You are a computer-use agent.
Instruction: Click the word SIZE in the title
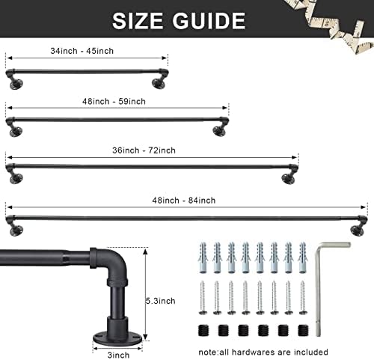pos(138,20)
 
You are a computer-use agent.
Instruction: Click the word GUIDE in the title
pos(209,20)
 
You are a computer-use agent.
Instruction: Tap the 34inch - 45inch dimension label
pos(82,51)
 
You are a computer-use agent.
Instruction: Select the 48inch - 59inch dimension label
pos(114,102)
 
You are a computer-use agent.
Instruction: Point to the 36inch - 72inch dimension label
pos(144,150)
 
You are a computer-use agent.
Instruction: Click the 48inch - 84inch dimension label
pos(184,201)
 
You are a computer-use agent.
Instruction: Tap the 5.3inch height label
pos(160,301)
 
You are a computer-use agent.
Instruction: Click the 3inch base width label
pos(118,355)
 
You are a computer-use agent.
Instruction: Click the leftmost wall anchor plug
pos(203,257)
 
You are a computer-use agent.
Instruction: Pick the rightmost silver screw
pos(302,298)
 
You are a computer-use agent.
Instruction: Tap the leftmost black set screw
pos(203,330)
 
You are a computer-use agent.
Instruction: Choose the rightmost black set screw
pos(303,330)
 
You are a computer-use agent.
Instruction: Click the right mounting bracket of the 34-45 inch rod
pos(159,80)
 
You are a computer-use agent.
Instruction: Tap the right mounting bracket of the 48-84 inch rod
pos(358,227)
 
